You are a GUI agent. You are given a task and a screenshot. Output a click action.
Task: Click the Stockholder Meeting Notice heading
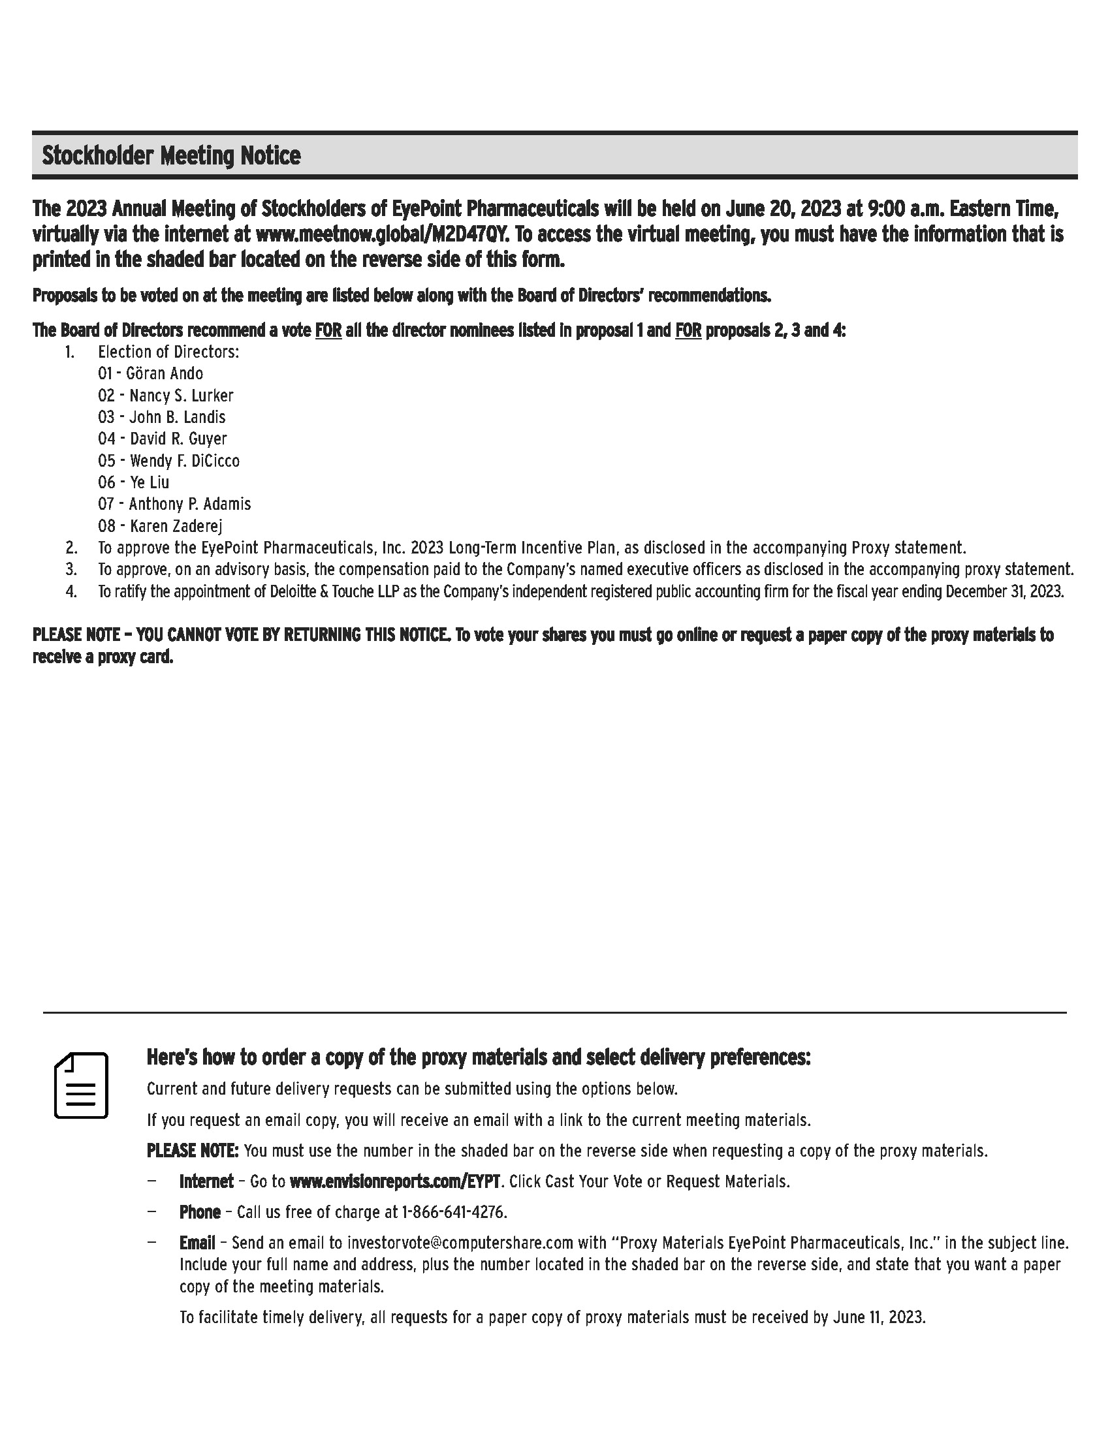tap(171, 156)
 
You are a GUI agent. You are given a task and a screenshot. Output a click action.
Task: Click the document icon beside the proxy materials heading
tap(81, 1085)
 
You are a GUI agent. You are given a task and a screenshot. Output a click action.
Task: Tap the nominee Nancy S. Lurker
tap(181, 395)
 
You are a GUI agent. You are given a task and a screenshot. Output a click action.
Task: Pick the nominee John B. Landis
tap(177, 417)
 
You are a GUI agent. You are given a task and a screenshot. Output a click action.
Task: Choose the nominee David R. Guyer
tap(178, 439)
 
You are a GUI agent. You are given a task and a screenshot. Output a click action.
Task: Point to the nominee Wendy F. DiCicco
tap(184, 460)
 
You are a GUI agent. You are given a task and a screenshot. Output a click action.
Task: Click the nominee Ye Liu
tap(150, 482)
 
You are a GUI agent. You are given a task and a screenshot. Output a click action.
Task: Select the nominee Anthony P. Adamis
tap(189, 505)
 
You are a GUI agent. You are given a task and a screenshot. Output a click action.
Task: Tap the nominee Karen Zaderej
tap(176, 526)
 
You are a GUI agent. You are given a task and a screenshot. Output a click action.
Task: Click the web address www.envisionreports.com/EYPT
tap(395, 1181)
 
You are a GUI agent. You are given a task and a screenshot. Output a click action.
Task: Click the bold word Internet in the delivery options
tap(206, 1181)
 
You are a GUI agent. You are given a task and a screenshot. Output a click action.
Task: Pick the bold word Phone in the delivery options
tap(200, 1212)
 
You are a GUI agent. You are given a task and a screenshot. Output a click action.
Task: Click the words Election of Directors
tap(168, 352)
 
